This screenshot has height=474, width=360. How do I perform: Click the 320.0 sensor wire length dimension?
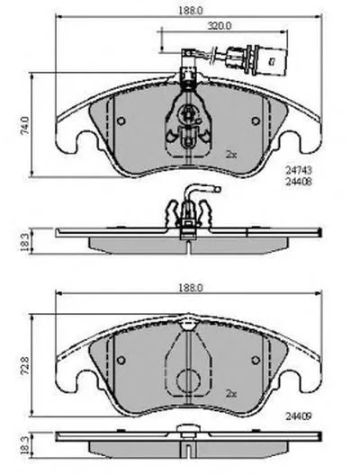point(220,26)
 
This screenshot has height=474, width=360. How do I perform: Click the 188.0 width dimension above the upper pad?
point(190,10)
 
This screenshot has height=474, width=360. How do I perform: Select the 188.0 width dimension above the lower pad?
point(190,288)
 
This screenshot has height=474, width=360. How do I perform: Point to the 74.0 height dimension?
point(25,125)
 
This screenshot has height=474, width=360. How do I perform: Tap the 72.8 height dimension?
point(25,365)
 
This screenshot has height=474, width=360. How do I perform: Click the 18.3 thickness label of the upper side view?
point(25,241)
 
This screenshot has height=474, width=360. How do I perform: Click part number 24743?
point(299,171)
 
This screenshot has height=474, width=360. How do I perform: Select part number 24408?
point(299,182)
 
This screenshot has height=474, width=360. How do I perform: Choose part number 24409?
point(299,416)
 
